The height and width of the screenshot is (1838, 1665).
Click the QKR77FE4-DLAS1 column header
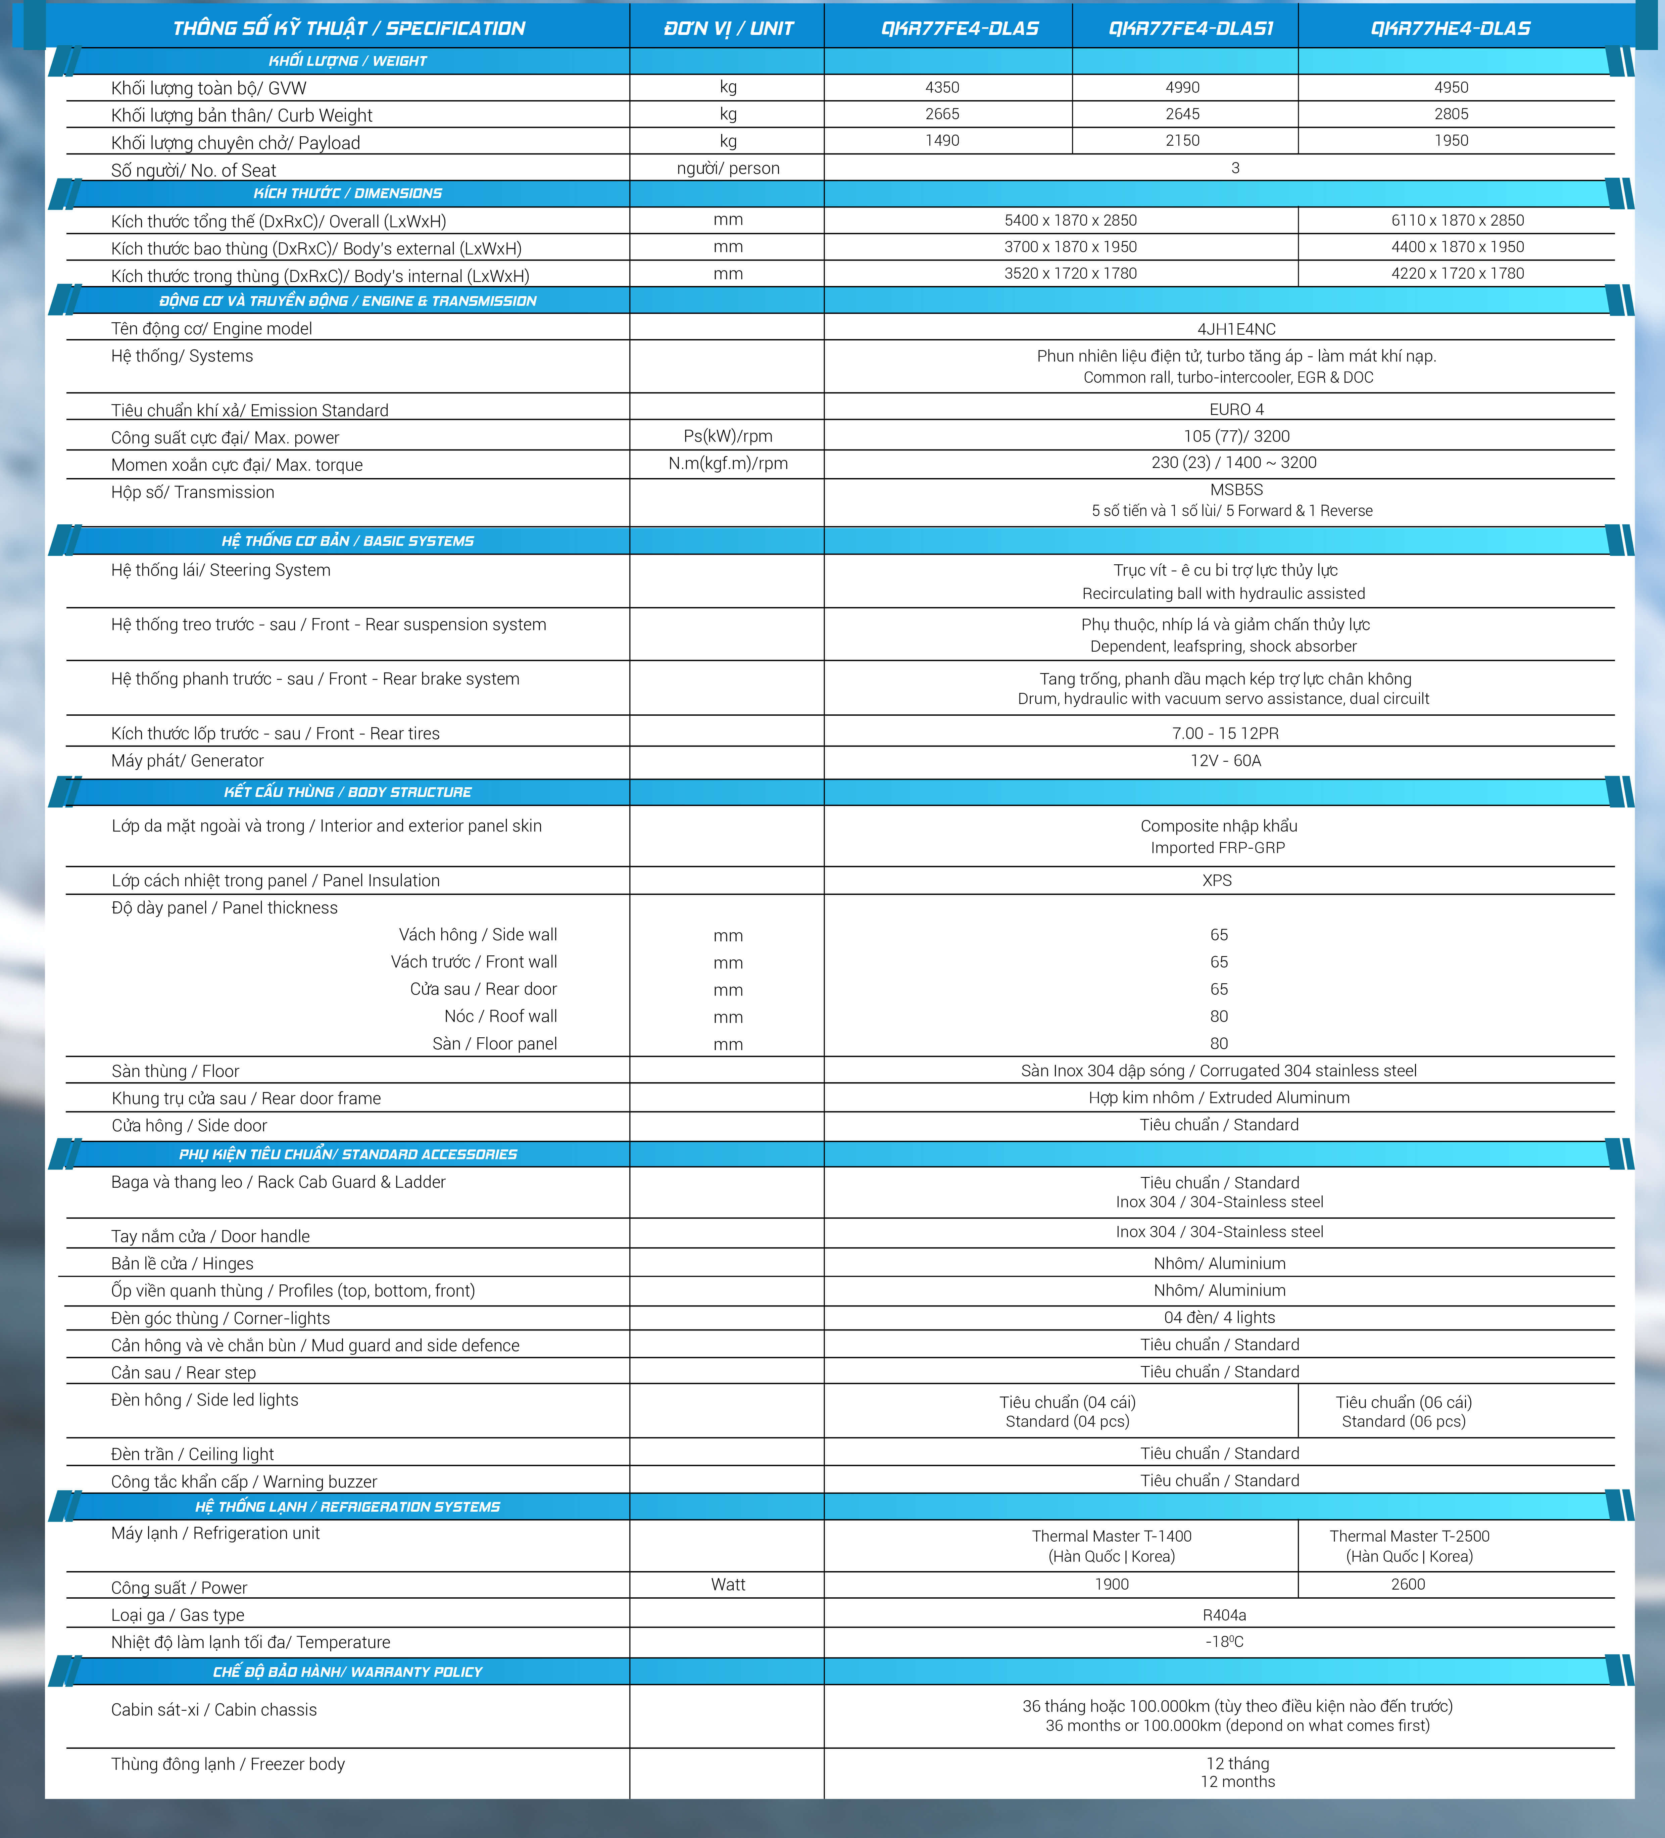click(x=1190, y=28)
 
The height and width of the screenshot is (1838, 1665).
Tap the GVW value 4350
click(x=942, y=88)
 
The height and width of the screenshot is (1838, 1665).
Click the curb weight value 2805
click(x=1451, y=114)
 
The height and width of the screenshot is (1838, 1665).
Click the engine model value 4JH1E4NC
click(x=1236, y=329)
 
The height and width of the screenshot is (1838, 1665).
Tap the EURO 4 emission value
click(x=1236, y=409)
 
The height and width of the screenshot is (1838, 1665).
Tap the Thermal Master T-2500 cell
click(x=1409, y=1545)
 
